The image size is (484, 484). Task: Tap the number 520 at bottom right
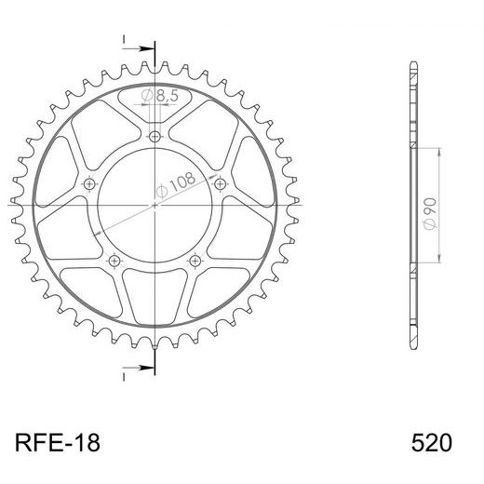click(x=430, y=440)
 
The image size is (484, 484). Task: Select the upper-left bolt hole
click(x=90, y=183)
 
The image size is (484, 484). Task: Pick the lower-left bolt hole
click(x=114, y=259)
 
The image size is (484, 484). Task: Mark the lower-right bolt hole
click(x=195, y=259)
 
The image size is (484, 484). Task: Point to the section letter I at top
click(x=123, y=40)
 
